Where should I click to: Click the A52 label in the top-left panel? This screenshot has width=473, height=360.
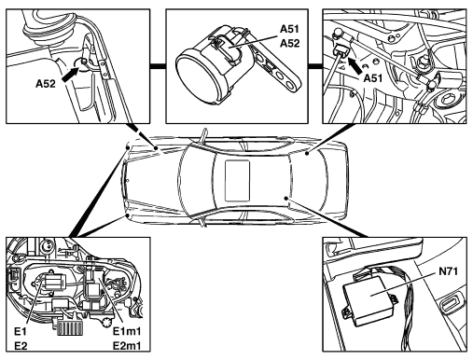46,84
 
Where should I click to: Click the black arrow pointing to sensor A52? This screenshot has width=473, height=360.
70,75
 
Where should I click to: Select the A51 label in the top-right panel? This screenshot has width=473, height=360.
373,78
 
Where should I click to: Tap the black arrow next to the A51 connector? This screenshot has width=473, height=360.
355,66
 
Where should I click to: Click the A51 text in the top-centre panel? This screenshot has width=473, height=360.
289,29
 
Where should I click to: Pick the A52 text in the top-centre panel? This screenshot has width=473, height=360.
289,43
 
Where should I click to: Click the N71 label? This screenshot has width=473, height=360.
448,271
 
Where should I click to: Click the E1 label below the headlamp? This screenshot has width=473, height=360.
21,332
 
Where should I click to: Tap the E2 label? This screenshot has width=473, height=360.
21,346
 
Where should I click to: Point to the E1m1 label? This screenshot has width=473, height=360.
127,332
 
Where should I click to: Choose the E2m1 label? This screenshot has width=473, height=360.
127,346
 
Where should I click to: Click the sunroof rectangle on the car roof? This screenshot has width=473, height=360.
237,181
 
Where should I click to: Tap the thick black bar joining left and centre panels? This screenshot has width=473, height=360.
158,66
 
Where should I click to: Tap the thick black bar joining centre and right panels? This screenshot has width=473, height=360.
315,66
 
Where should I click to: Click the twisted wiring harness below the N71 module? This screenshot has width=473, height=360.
409,320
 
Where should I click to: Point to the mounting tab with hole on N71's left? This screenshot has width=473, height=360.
347,312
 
